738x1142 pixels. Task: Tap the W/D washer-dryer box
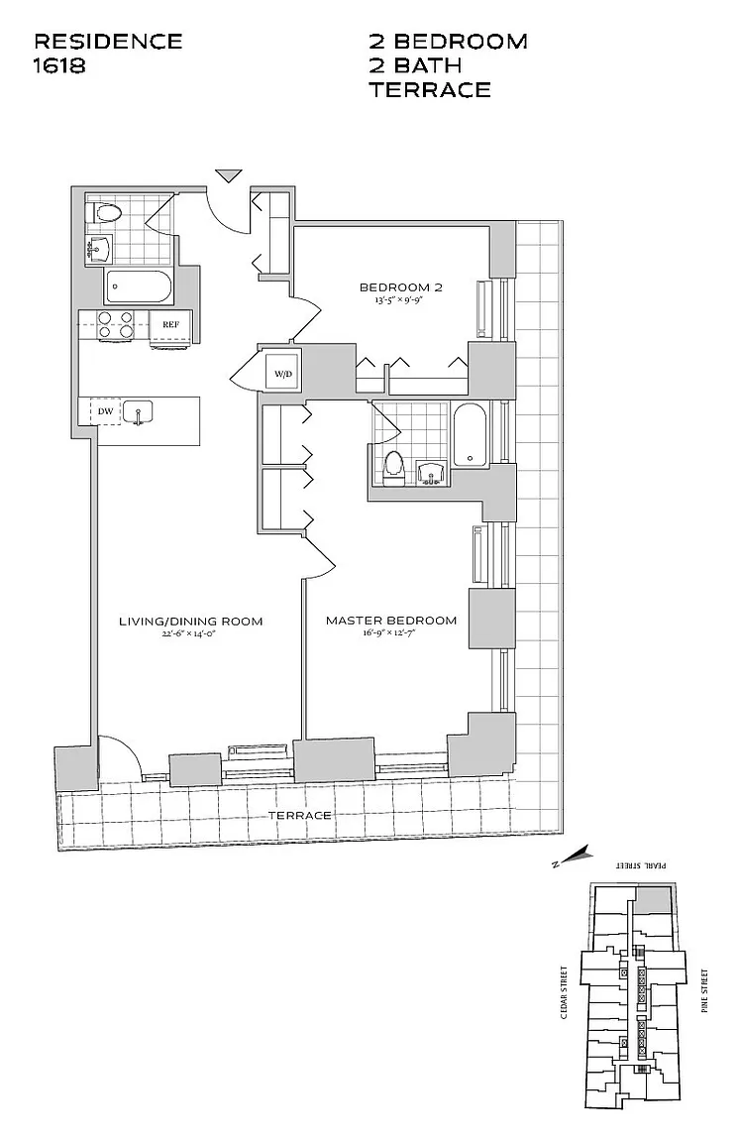[283, 374]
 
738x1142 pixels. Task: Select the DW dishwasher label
[104, 411]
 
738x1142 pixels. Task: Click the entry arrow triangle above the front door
[229, 176]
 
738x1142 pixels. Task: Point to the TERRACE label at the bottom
[300, 815]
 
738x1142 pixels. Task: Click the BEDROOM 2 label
[400, 287]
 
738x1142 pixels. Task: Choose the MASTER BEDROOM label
[391, 621]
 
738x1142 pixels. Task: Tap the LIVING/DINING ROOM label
[190, 622]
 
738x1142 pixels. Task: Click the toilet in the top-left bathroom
[104, 212]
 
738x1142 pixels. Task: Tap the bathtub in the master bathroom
[470, 433]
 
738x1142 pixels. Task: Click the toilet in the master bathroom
[393, 467]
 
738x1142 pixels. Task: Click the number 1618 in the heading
[60, 66]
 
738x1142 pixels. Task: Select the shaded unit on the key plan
[654, 901]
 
